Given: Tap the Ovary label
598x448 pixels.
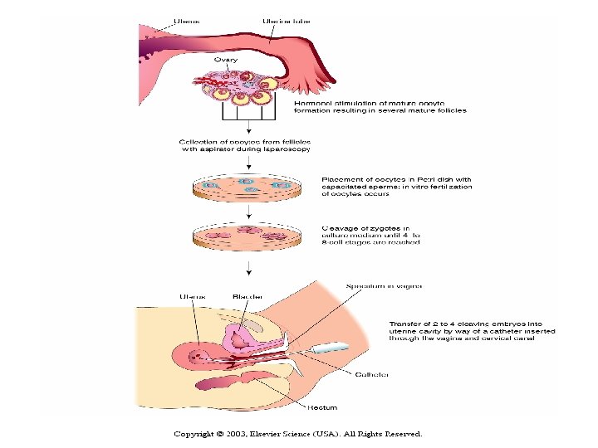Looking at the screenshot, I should pyautogui.click(x=225, y=60).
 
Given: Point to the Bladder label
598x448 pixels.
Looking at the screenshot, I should pyautogui.click(x=248, y=296).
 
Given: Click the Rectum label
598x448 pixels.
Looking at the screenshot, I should pyautogui.click(x=321, y=407).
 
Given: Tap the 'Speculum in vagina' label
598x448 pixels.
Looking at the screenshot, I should pyautogui.click(x=384, y=285).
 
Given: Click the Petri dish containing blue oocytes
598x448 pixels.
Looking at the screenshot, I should pyautogui.click(x=247, y=186).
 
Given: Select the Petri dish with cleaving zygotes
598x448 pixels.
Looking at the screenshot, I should pyautogui.click(x=247, y=236).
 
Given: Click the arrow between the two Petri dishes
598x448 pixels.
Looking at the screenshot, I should pyautogui.click(x=247, y=211).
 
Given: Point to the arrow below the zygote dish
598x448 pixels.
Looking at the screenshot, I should pyautogui.click(x=247, y=267).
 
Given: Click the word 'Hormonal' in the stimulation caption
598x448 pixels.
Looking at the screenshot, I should pyautogui.click(x=312, y=102).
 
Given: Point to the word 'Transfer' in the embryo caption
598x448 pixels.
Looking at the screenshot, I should pyautogui.click(x=406, y=324).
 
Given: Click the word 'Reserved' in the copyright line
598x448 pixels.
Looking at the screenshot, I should pyautogui.click(x=402, y=434).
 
